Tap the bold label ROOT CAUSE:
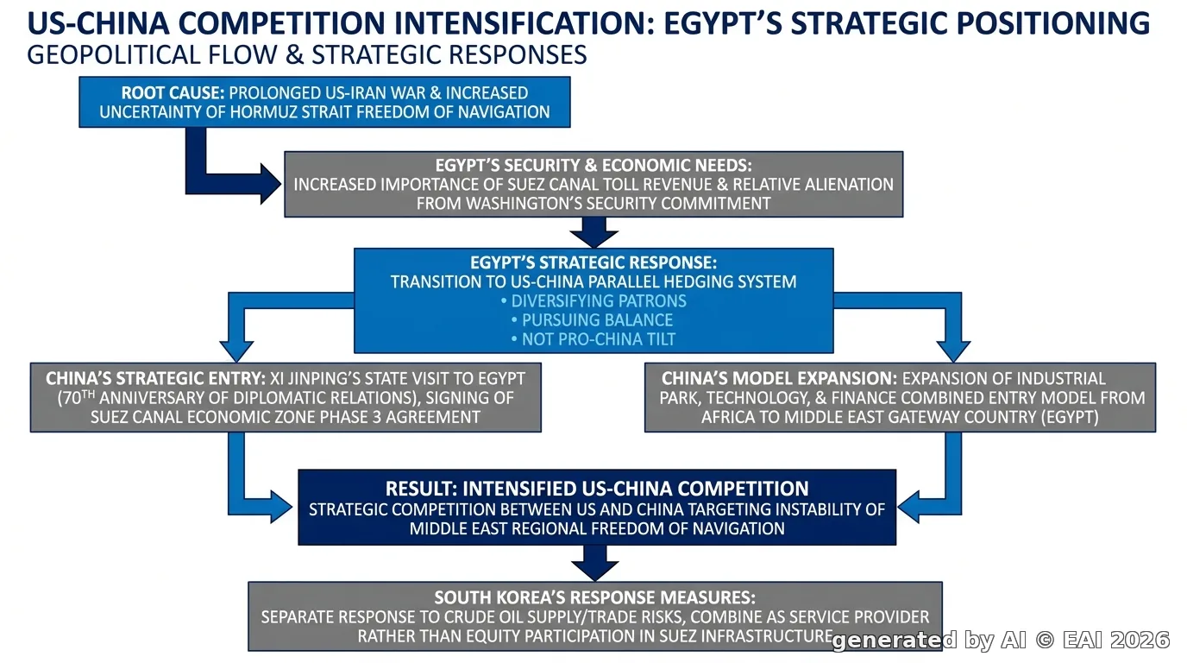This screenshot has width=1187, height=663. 173,93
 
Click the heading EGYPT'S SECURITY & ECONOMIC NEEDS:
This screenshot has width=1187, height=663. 593,166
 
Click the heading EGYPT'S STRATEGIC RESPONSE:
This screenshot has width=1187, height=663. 593,262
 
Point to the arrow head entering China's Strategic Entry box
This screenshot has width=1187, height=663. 236,351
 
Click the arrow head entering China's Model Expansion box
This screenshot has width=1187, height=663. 953,351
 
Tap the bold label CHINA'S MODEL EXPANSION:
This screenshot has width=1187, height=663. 779,379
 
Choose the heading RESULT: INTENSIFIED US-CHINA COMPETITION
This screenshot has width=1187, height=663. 597,489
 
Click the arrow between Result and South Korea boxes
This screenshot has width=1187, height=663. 594,563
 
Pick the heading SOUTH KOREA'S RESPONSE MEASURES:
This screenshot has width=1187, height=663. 594,597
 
